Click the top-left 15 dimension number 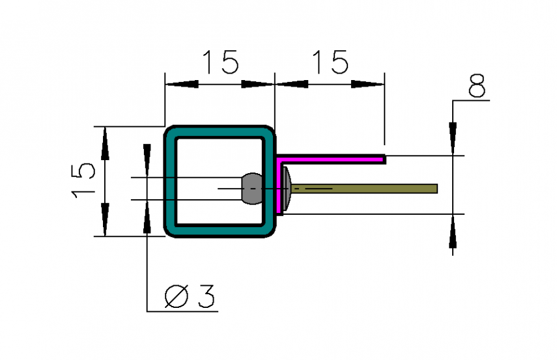point(221,62)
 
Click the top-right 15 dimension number point(330,62)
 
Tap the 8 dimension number point(477,85)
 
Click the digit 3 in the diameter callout point(207,296)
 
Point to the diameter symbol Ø point(176,296)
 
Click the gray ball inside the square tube point(252,189)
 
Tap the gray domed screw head point(287,189)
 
